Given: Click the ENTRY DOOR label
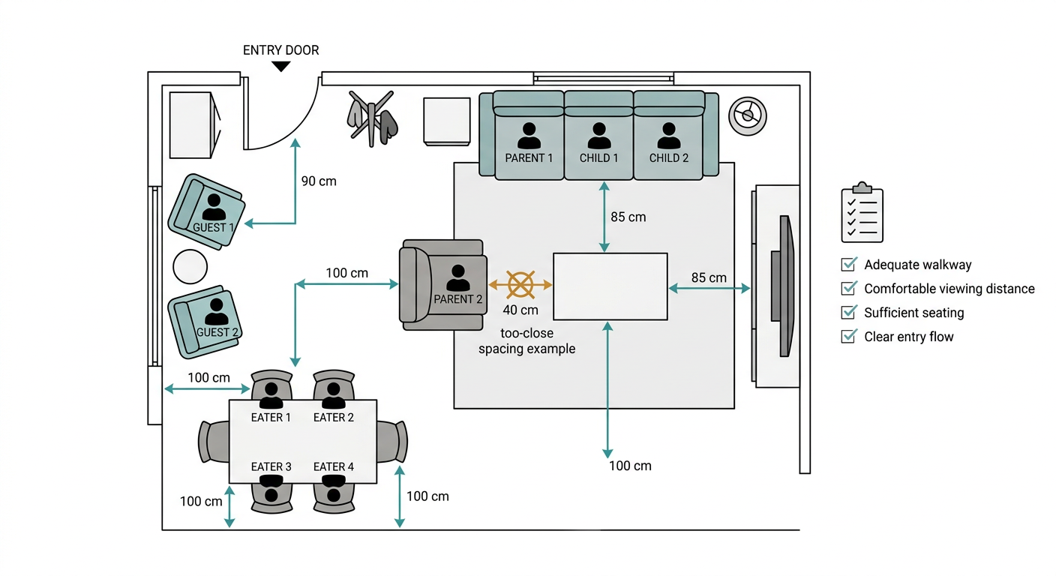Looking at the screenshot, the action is click(281, 50).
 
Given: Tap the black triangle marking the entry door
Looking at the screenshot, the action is click(281, 67).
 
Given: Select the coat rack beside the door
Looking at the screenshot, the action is click(372, 118).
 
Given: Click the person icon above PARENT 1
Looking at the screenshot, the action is click(529, 136).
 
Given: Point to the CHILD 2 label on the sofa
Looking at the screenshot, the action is click(668, 158).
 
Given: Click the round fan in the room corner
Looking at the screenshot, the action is click(747, 116).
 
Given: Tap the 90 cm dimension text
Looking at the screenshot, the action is click(319, 181).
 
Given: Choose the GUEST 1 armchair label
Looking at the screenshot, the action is click(213, 227).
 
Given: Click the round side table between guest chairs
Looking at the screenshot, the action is click(190, 267).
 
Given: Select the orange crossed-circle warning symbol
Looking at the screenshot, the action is click(520, 285).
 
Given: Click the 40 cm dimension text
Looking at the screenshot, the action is click(520, 310).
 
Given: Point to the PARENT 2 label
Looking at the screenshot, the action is click(457, 299).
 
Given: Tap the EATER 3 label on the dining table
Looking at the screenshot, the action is click(271, 466).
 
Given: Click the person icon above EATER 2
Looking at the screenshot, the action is click(333, 395).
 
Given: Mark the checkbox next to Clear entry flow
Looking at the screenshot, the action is click(848, 336).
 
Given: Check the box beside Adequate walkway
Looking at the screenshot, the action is click(848, 264).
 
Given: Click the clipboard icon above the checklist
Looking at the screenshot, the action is click(862, 212).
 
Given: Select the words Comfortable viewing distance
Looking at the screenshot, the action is click(949, 289).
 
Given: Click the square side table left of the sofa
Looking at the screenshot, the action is click(446, 121).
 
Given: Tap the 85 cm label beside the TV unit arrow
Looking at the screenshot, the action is click(709, 277).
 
